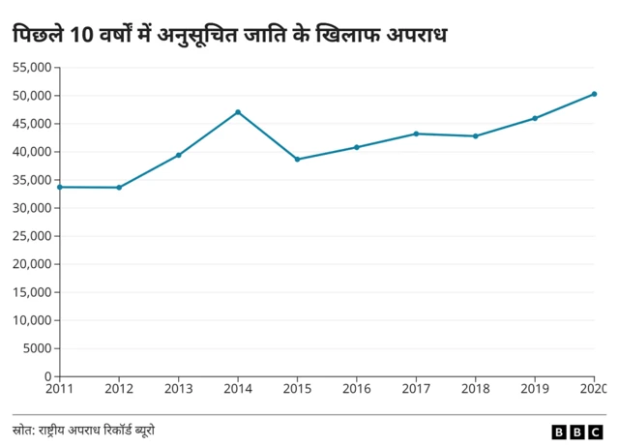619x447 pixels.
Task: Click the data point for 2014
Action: pyautogui.click(x=238, y=112)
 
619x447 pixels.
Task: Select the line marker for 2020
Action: pyautogui.click(x=594, y=94)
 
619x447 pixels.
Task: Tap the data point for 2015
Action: pyautogui.click(x=297, y=159)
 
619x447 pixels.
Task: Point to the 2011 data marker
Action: pyautogui.click(x=60, y=187)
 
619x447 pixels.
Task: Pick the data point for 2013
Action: pyautogui.click(x=179, y=155)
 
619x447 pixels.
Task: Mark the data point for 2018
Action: pyautogui.click(x=475, y=135)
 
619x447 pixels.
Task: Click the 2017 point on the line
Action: pyautogui.click(x=416, y=134)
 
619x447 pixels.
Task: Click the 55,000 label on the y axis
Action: pyautogui.click(x=32, y=68)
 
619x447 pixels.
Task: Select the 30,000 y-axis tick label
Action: pyautogui.click(x=32, y=208)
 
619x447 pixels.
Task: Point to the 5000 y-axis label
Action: pyautogui.click(x=38, y=348)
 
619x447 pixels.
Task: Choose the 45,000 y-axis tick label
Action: pyautogui.click(x=32, y=124)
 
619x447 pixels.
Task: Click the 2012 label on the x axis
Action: pyautogui.click(x=119, y=389)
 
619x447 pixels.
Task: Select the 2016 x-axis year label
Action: pyautogui.click(x=356, y=389)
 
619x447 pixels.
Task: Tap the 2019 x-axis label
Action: pyautogui.click(x=534, y=389)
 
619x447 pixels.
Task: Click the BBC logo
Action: pyautogui.click(x=578, y=432)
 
